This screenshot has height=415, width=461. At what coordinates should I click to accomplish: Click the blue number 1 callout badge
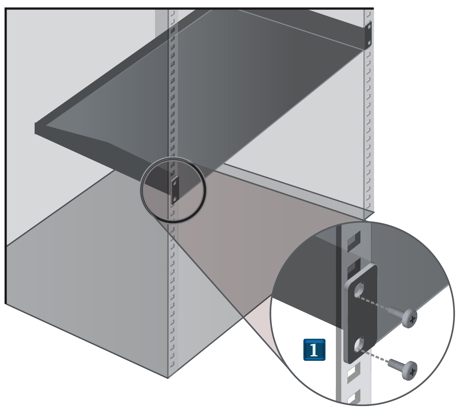[x=314, y=350]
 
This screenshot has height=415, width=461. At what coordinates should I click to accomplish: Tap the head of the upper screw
[x=410, y=318]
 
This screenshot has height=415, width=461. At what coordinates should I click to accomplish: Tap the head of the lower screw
[x=410, y=370]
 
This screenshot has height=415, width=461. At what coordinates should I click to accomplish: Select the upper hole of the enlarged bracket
[x=359, y=290]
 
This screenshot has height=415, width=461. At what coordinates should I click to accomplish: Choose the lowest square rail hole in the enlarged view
[x=353, y=397]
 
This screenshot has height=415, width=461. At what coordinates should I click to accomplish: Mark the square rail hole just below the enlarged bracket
[x=352, y=372]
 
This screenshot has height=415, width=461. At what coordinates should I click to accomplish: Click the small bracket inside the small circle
[x=175, y=190]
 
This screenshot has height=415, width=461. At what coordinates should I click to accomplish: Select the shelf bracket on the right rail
[x=368, y=34]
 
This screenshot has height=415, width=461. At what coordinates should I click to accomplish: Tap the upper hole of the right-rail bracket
[x=370, y=26]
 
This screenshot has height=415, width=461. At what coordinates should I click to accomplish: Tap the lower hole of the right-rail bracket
[x=369, y=43]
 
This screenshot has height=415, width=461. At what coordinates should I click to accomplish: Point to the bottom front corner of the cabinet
[x=168, y=378]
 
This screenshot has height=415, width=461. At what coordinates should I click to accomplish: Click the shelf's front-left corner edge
[x=35, y=128]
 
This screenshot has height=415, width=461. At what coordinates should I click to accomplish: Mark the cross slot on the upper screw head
[x=412, y=319]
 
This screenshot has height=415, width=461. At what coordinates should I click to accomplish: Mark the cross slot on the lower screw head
[x=412, y=372]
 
